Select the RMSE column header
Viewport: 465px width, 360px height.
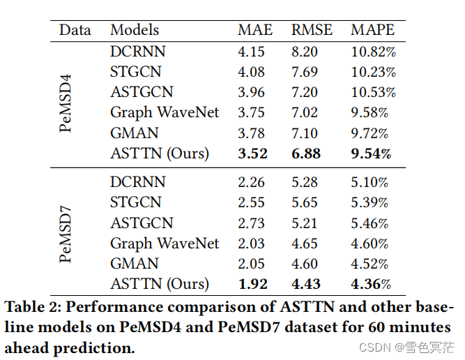click(x=312, y=30)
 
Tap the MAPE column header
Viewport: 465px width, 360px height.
click(x=372, y=30)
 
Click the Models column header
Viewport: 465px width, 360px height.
click(x=135, y=30)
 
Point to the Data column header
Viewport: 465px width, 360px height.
click(x=76, y=30)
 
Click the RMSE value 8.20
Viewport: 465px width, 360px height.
click(x=305, y=51)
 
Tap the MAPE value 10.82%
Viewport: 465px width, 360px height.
click(x=373, y=51)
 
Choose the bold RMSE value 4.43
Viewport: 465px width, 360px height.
click(x=305, y=283)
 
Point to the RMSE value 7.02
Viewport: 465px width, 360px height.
click(x=305, y=112)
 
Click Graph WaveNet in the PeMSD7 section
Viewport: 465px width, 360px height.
click(x=165, y=243)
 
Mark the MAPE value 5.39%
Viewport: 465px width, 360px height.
click(x=370, y=202)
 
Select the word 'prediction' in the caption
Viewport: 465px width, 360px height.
click(x=94, y=347)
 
